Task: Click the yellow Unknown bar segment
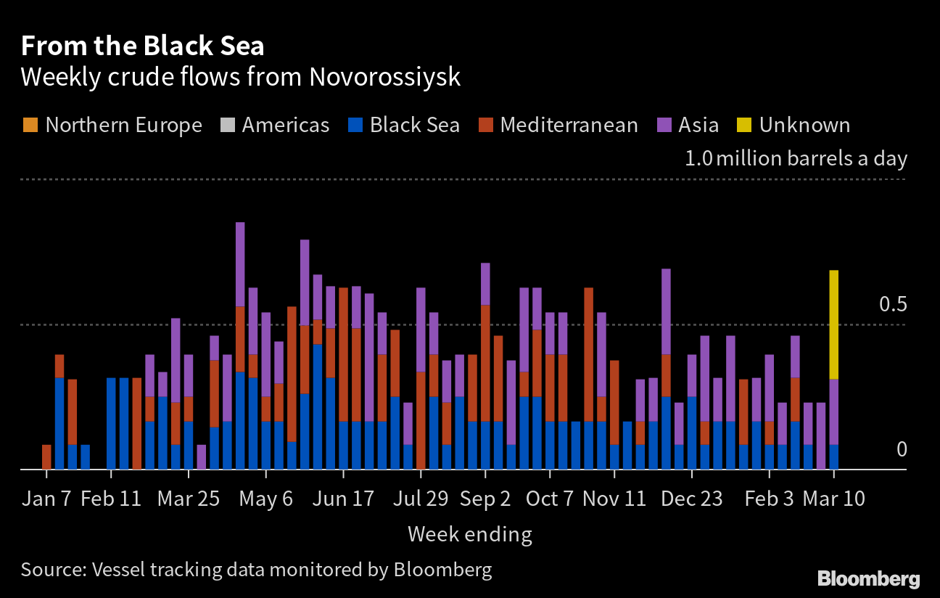click(x=834, y=324)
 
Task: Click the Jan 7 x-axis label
click(x=47, y=499)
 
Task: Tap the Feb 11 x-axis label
click(x=111, y=499)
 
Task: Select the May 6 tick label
click(x=266, y=499)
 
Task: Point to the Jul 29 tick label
click(x=420, y=499)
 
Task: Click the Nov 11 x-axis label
click(x=614, y=499)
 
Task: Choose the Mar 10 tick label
click(x=834, y=499)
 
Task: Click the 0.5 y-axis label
click(x=893, y=304)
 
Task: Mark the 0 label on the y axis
click(x=902, y=449)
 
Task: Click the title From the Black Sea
click(x=142, y=46)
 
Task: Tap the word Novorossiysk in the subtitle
click(x=384, y=77)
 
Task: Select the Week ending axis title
click(x=469, y=535)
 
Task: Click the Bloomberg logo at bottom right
click(x=869, y=579)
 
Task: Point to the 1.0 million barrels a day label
click(x=796, y=158)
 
